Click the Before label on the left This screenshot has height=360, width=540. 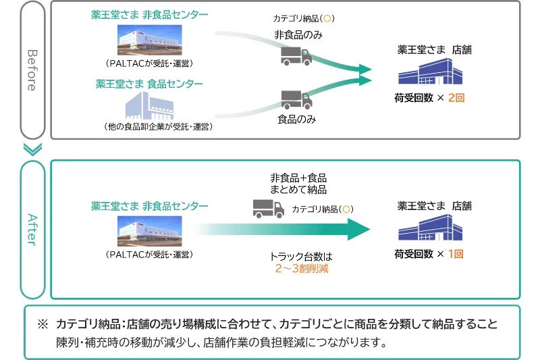32,70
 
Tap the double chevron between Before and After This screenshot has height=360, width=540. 32,149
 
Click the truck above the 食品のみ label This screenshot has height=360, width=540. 296,100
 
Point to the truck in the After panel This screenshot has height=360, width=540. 268,209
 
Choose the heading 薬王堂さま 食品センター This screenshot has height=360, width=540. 149,84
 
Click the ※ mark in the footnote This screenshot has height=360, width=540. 43,324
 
